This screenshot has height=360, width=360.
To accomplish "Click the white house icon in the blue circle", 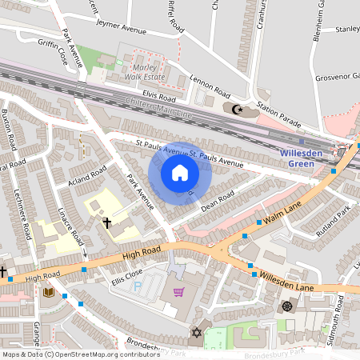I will tap(180, 173).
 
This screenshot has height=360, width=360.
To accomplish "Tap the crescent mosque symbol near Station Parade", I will tap(236, 109).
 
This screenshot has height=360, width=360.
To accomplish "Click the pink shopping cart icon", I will tap(178, 292).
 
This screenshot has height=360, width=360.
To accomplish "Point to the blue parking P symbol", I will tap(137, 286).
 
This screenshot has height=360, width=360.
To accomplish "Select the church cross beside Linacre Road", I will tap(106, 222).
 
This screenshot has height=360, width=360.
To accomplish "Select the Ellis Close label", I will tap(126, 279).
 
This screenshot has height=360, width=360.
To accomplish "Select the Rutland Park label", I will tap(334, 215).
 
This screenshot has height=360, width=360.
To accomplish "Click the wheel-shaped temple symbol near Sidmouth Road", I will tap(287, 306).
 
